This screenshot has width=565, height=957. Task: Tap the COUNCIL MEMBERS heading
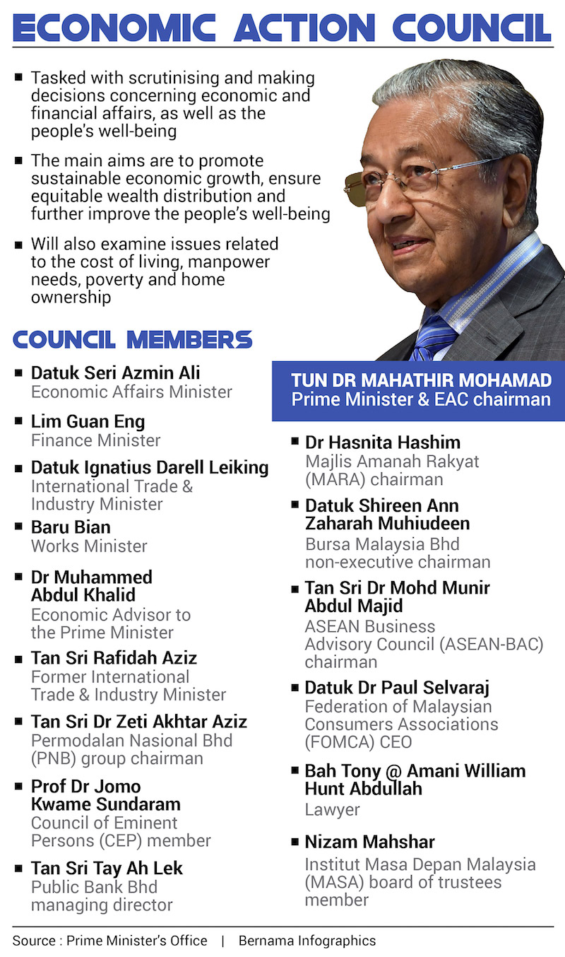(132, 340)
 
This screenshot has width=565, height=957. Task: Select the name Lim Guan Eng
(88, 422)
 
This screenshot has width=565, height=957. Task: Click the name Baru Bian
(71, 527)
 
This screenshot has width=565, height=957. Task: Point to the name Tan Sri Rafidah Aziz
(114, 658)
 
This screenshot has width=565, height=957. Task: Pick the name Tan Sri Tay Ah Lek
(107, 869)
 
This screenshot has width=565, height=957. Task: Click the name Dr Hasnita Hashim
(383, 442)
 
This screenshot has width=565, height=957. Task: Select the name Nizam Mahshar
(369, 842)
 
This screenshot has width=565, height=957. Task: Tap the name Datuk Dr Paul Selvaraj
(397, 688)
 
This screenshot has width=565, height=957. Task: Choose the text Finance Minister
(95, 440)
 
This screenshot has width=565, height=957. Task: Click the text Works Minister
(89, 546)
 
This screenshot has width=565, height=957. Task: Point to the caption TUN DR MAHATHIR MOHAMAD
(422, 380)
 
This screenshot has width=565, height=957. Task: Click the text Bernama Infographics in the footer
(307, 941)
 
